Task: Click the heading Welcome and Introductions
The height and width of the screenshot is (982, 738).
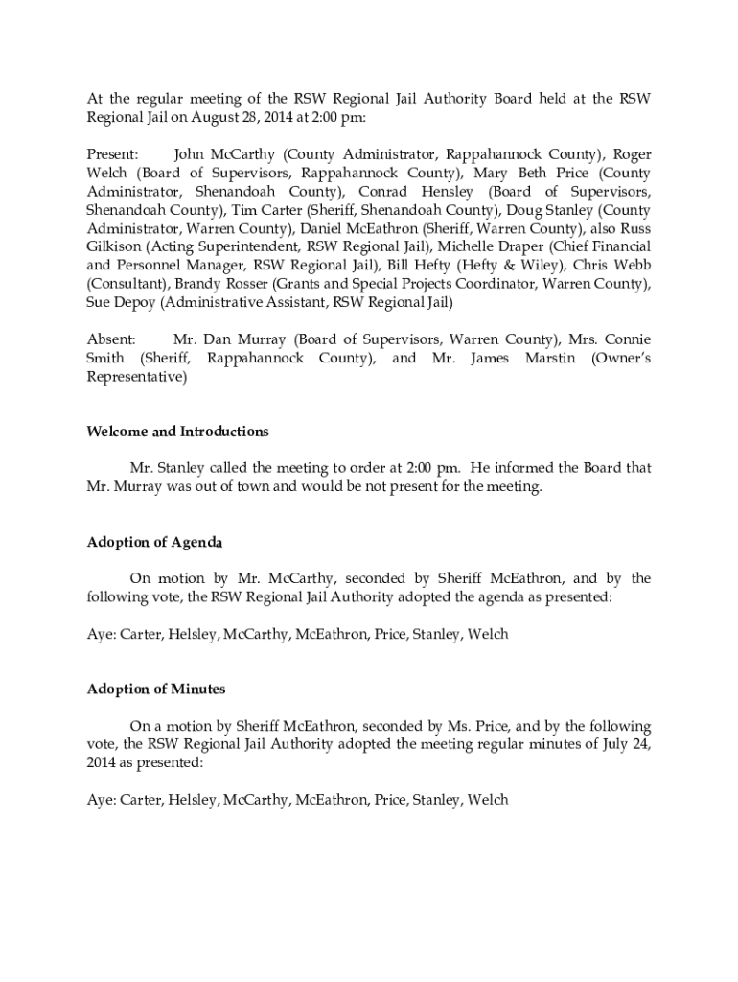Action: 177,432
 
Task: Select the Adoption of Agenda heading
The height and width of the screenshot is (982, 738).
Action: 154,543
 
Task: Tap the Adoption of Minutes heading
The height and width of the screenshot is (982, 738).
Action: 156,690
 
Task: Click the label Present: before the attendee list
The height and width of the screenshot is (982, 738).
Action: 113,154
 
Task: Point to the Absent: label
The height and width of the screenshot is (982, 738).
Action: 111,339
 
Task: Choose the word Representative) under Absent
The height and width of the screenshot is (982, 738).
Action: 137,377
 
